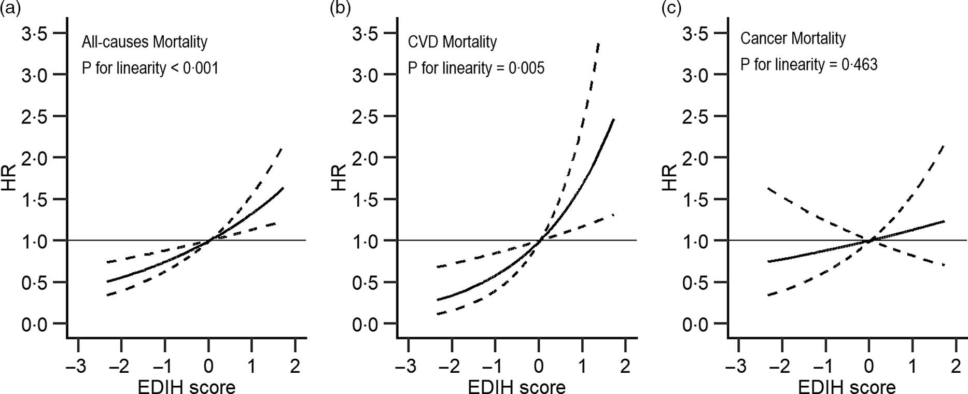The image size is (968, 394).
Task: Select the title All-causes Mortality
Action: click(x=144, y=41)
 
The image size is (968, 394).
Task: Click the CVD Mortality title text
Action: click(x=452, y=41)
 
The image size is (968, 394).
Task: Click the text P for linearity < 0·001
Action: click(x=150, y=68)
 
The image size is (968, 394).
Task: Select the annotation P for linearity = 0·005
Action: click(x=476, y=68)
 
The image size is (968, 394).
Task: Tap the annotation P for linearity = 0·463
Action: click(x=808, y=65)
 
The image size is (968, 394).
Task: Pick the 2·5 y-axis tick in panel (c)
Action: click(x=696, y=117)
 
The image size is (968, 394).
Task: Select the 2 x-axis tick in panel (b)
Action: click(x=625, y=367)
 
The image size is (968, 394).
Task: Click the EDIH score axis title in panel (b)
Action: click(x=516, y=386)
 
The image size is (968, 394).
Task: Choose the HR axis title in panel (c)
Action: click(x=670, y=178)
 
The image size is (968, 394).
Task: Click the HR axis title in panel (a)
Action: click(x=9, y=178)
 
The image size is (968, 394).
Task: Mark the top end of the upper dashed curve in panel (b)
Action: click(x=599, y=44)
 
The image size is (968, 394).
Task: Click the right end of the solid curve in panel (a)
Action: click(x=283, y=188)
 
